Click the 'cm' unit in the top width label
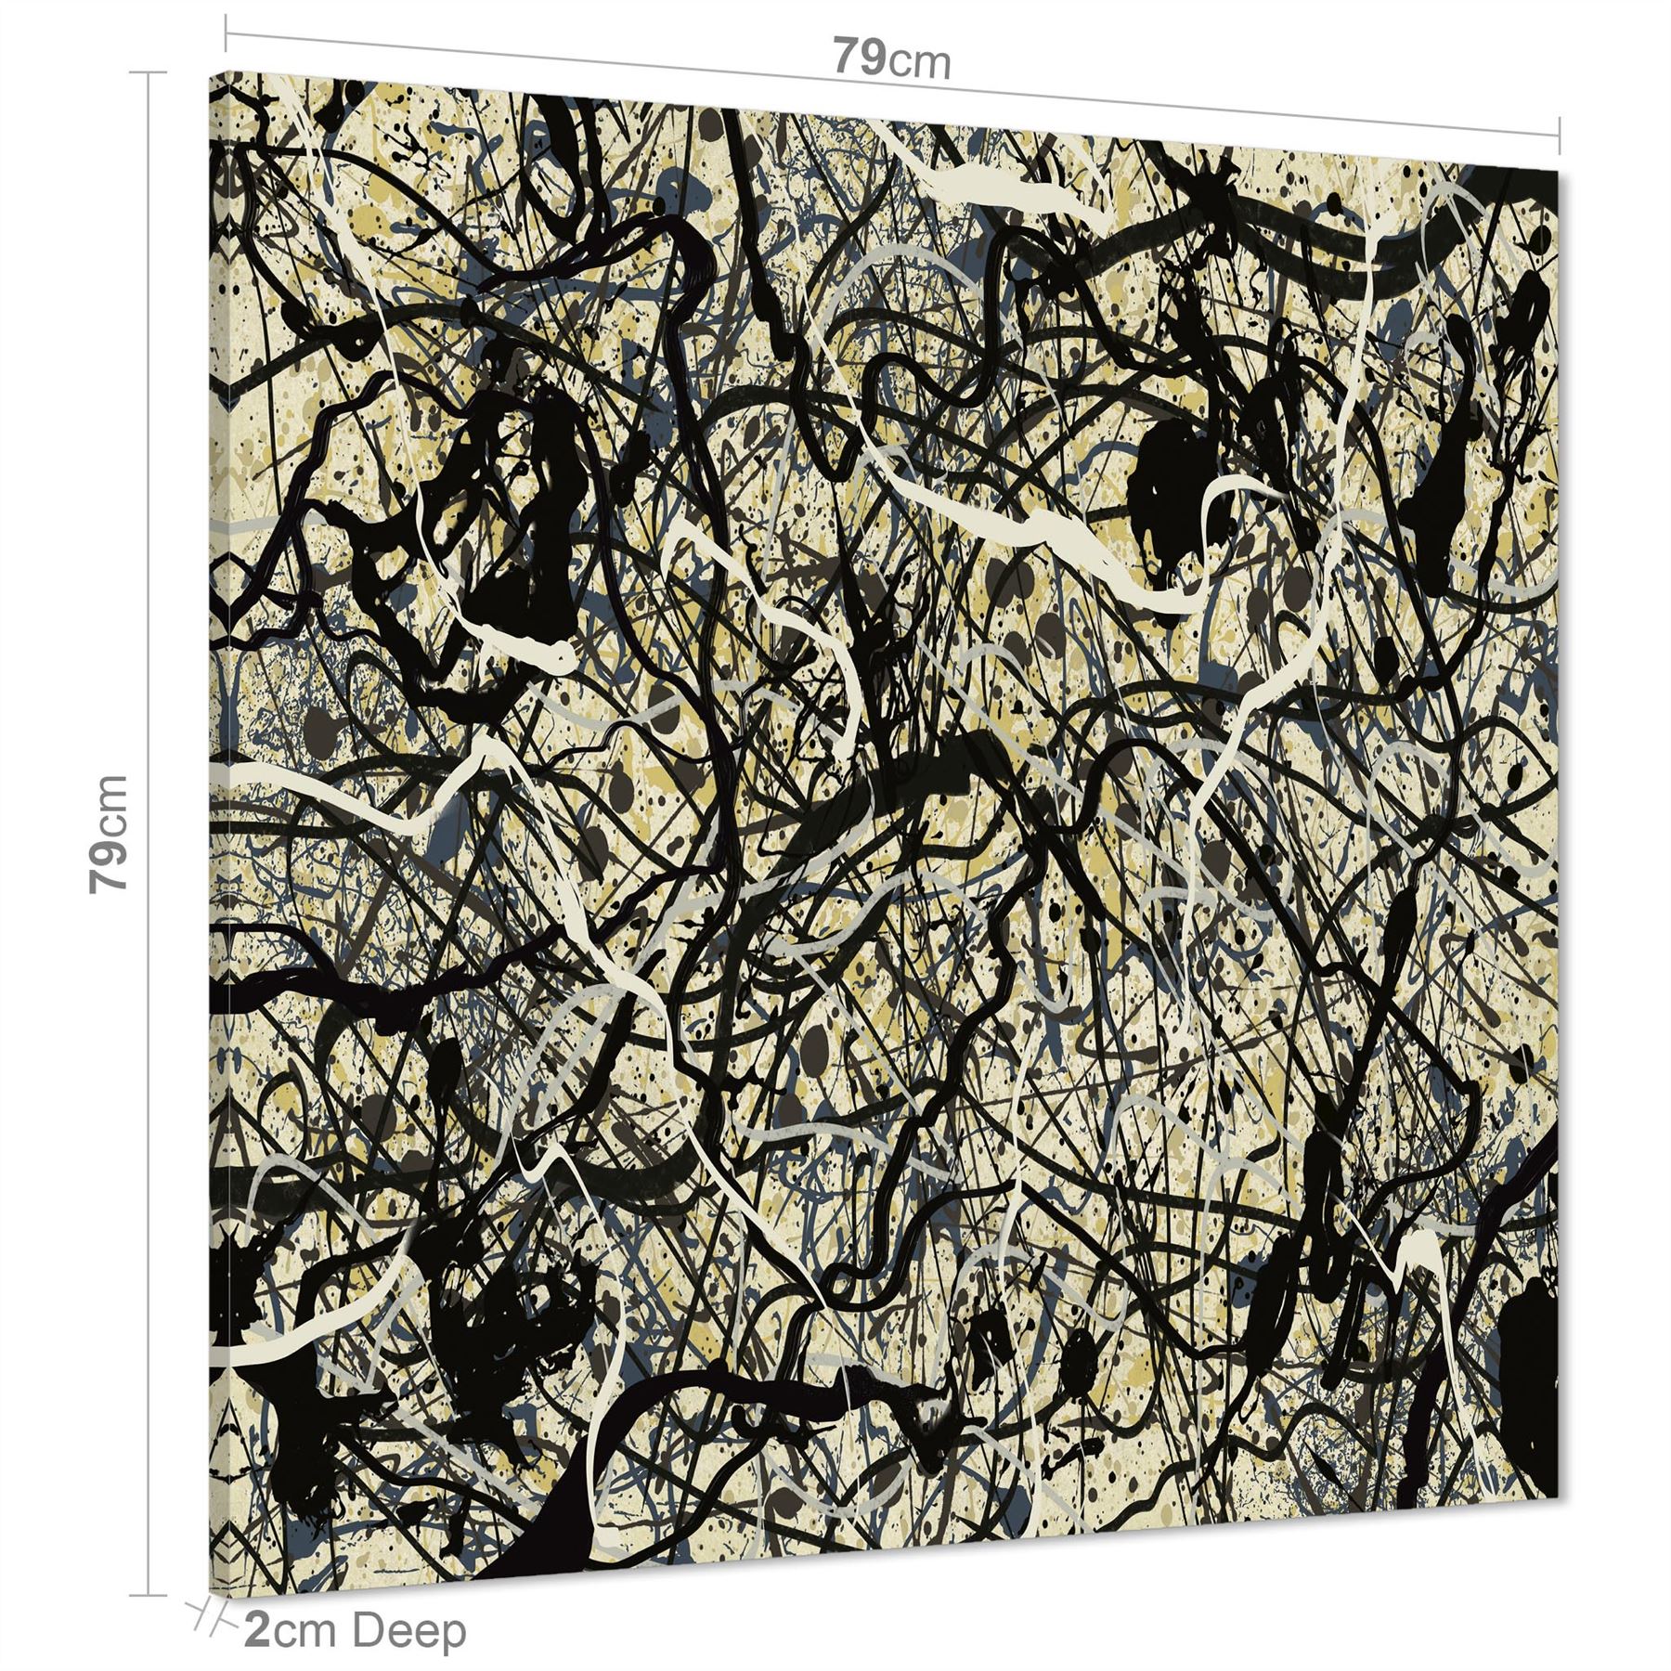[x=920, y=64]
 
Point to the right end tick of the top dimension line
[x=1561, y=134]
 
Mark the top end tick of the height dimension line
[x=147, y=72]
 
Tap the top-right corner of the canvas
[x=1558, y=172]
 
